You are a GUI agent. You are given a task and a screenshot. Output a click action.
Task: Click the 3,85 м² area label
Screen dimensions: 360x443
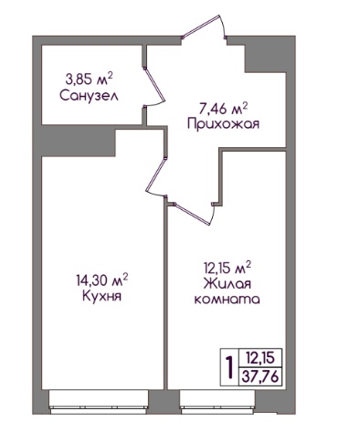pyautogui.click(x=89, y=79)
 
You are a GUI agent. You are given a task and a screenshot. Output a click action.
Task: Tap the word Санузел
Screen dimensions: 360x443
pyautogui.click(x=89, y=96)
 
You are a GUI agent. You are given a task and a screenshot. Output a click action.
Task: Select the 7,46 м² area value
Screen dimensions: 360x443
pyautogui.click(x=222, y=109)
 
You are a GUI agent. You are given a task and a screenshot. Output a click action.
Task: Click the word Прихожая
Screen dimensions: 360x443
pyautogui.click(x=223, y=124)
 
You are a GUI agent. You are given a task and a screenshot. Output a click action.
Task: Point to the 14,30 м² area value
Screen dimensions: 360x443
pyautogui.click(x=102, y=280)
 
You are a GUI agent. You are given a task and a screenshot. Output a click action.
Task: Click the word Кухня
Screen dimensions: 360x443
pyautogui.click(x=101, y=296)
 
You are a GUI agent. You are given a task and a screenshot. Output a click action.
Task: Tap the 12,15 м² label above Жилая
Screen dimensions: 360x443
pyautogui.click(x=227, y=268)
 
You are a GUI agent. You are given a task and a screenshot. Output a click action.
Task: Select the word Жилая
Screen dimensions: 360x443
pyautogui.click(x=227, y=284)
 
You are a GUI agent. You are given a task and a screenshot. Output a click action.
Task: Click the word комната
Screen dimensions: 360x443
pyautogui.click(x=227, y=300)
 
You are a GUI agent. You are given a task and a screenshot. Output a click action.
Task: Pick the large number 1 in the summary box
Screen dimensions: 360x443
pyautogui.click(x=229, y=367)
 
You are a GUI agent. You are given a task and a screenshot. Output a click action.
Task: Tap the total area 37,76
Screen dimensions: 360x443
pyautogui.click(x=259, y=377)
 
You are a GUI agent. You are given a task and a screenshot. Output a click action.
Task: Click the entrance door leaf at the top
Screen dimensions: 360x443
pyautogui.click(x=201, y=26)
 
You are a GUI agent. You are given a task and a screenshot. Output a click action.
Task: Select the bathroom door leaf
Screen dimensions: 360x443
pyautogui.click(x=154, y=84)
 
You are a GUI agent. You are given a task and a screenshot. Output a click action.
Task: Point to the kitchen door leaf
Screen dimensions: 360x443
pyautogui.click(x=155, y=174)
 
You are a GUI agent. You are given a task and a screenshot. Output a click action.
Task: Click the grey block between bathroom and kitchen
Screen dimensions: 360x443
pyautogui.click(x=78, y=141)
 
